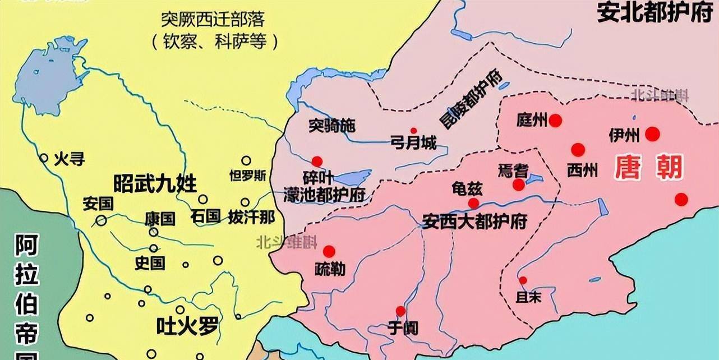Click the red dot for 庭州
point(555,121)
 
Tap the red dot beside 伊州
point(652,134)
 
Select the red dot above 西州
point(578,150)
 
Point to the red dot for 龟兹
point(474,203)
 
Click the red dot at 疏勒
point(329,251)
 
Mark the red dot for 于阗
point(400,311)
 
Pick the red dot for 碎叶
point(317,161)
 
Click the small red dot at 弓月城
point(413,130)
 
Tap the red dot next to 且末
point(523,280)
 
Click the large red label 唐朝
point(649,167)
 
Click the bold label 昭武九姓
point(155,183)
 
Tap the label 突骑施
point(332,126)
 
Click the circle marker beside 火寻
point(44,159)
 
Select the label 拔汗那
point(252,216)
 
